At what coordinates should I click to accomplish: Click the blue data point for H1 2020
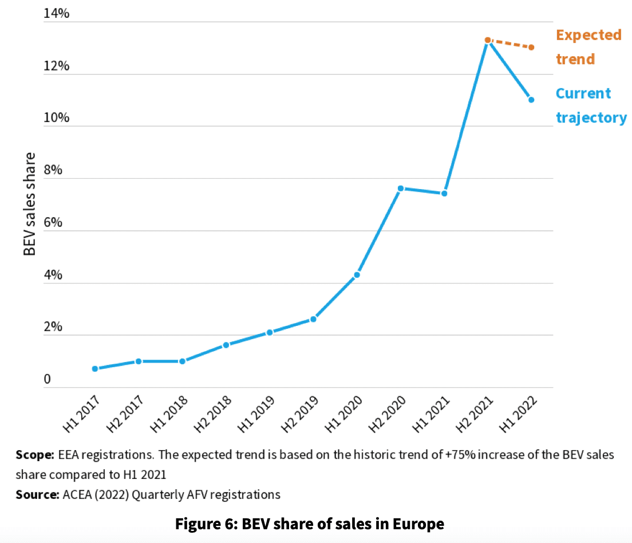click(357, 275)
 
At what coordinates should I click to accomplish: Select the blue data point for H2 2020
click(401, 188)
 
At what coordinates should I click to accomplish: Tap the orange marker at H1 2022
click(531, 47)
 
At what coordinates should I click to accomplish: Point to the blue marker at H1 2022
click(531, 100)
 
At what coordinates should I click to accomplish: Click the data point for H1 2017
click(95, 369)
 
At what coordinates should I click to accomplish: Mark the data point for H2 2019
click(313, 319)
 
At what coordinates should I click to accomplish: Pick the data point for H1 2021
click(444, 194)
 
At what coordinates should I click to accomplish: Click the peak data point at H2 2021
click(488, 40)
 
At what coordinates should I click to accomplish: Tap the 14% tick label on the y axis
click(56, 14)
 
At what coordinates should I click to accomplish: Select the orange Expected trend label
click(588, 47)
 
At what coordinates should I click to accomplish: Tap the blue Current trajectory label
click(591, 105)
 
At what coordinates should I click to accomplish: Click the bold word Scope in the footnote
click(35, 455)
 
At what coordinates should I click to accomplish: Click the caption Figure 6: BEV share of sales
click(309, 524)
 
